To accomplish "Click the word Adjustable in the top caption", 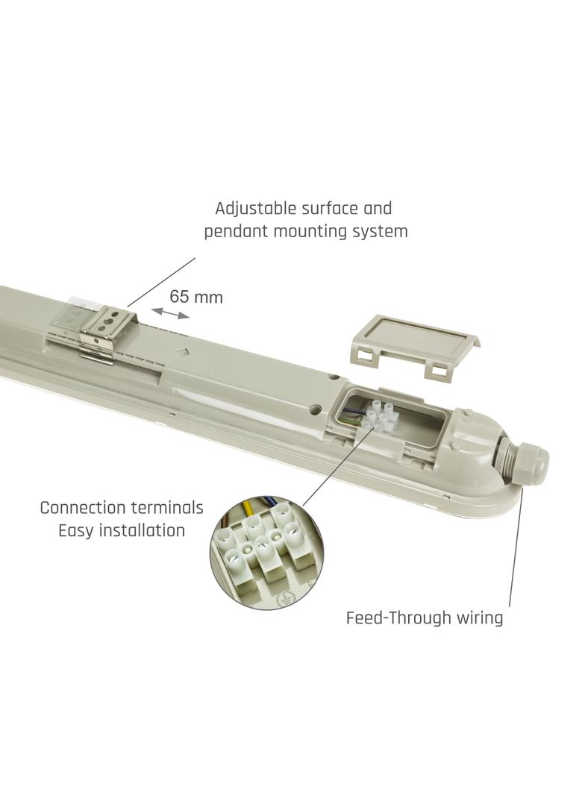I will pos(248,209).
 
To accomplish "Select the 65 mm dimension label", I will pos(196,297).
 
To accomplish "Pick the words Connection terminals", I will pos(122,509).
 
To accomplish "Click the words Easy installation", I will pos(122,532).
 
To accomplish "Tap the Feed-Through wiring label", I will pos(424,618).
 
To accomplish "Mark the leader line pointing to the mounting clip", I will pos(161,282).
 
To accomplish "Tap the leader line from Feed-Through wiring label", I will pos(516,552).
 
